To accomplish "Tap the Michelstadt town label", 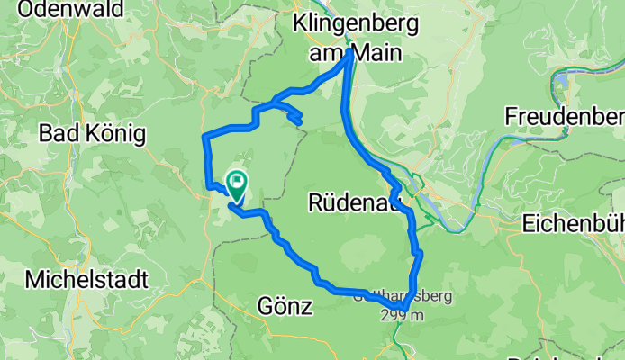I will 86,279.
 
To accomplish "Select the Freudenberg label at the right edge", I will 565,116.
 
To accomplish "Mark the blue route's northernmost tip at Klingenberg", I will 349,52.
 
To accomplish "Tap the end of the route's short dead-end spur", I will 299,121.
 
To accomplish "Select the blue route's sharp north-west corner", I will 206,135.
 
